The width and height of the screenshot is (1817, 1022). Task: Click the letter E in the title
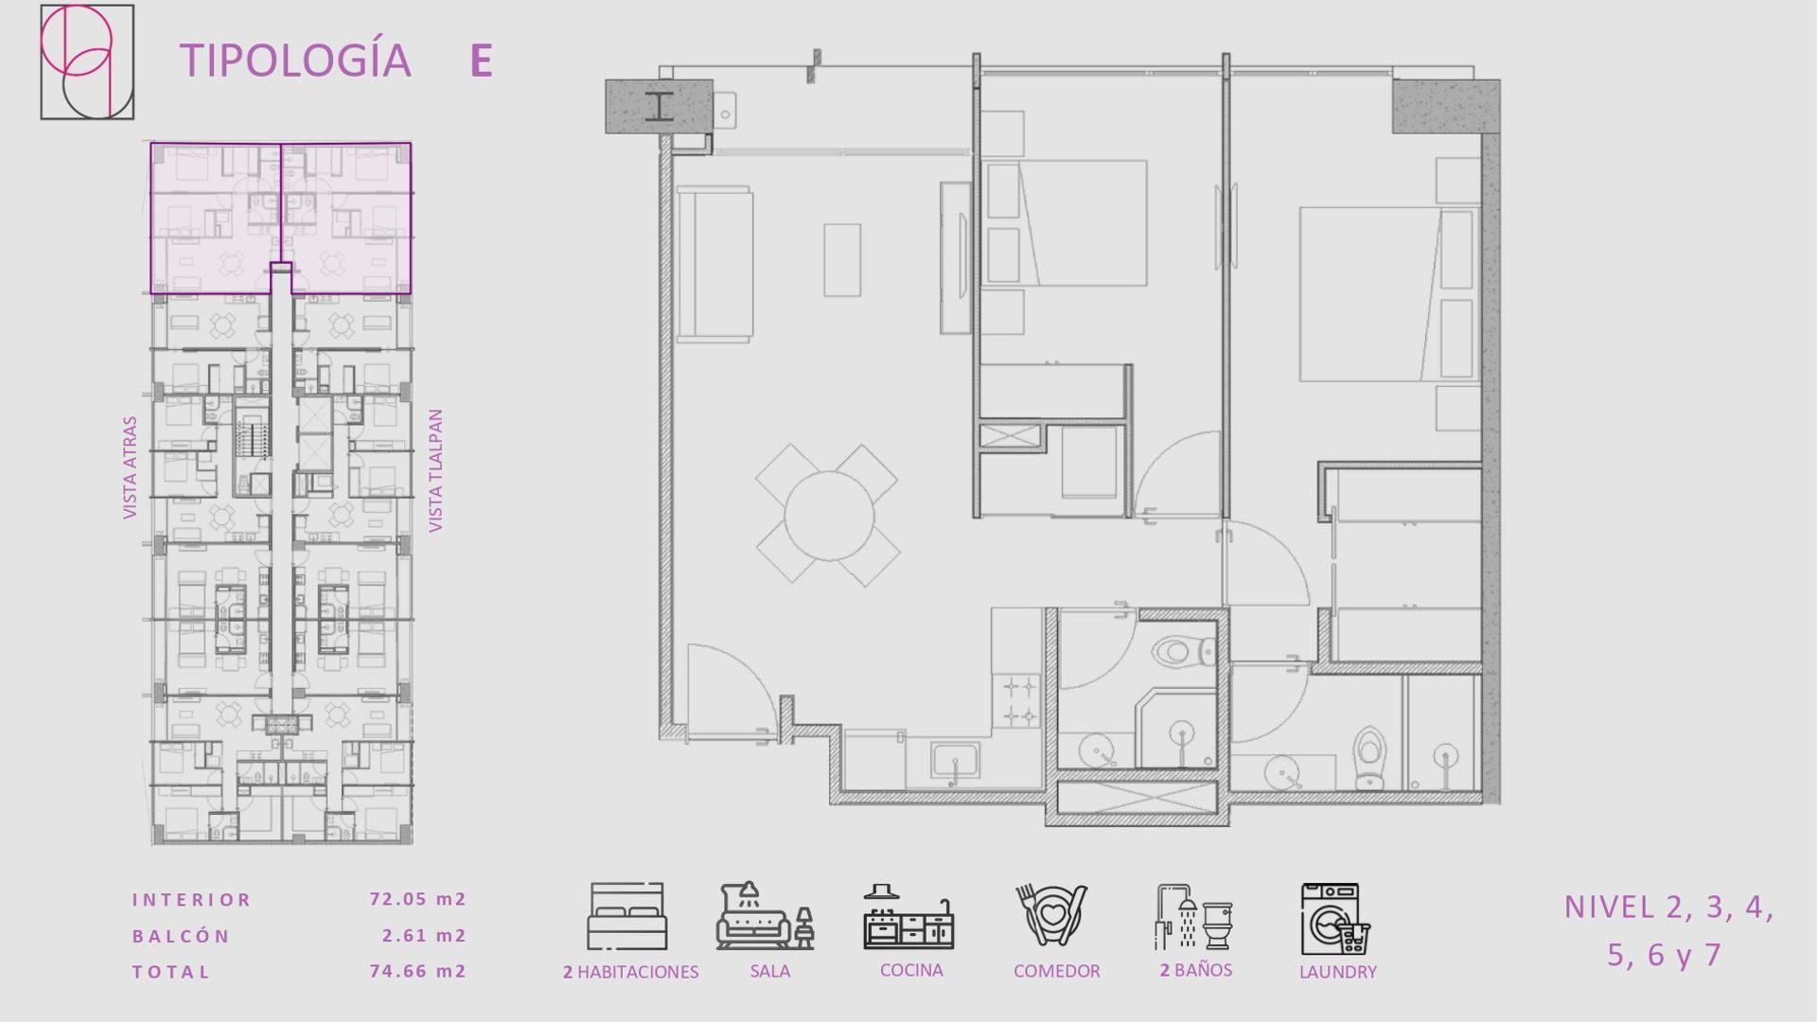click(481, 61)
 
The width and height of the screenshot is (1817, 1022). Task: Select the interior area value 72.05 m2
click(417, 899)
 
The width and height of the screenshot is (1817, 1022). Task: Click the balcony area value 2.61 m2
click(424, 935)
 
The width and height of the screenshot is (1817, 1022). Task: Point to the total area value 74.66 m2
click(417, 971)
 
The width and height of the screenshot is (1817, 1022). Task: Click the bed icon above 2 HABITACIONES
click(626, 917)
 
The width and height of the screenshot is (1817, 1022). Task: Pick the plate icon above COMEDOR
click(1051, 915)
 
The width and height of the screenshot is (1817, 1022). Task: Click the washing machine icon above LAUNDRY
click(1335, 919)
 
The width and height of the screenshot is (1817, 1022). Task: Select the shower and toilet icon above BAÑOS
click(1193, 917)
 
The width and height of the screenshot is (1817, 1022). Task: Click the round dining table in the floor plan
click(829, 516)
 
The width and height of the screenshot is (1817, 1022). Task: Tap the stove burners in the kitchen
click(1020, 700)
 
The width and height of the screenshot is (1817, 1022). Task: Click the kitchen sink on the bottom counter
click(955, 761)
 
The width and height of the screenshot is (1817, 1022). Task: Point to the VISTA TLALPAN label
click(435, 470)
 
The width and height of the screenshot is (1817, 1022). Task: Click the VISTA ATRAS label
click(130, 467)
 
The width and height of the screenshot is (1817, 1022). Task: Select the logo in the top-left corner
click(87, 62)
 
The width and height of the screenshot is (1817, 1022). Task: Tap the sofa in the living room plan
click(714, 263)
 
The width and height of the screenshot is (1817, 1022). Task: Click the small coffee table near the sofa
click(842, 260)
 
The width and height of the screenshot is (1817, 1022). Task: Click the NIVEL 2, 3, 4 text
click(1668, 907)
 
